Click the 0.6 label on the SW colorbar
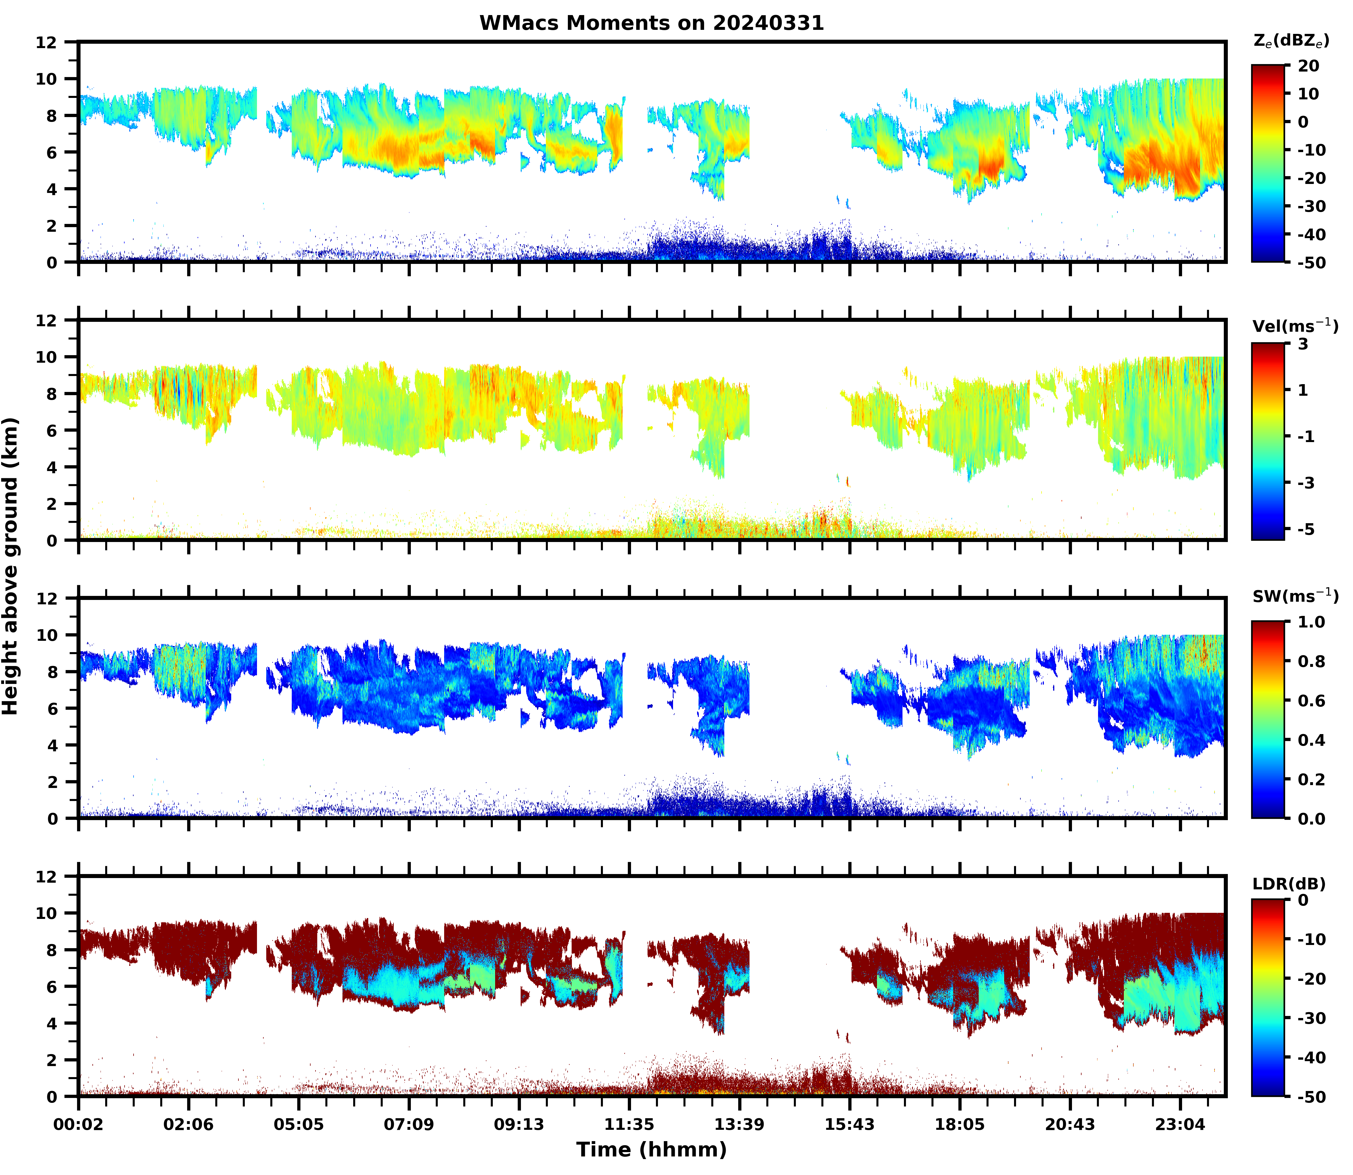tap(1311, 701)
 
